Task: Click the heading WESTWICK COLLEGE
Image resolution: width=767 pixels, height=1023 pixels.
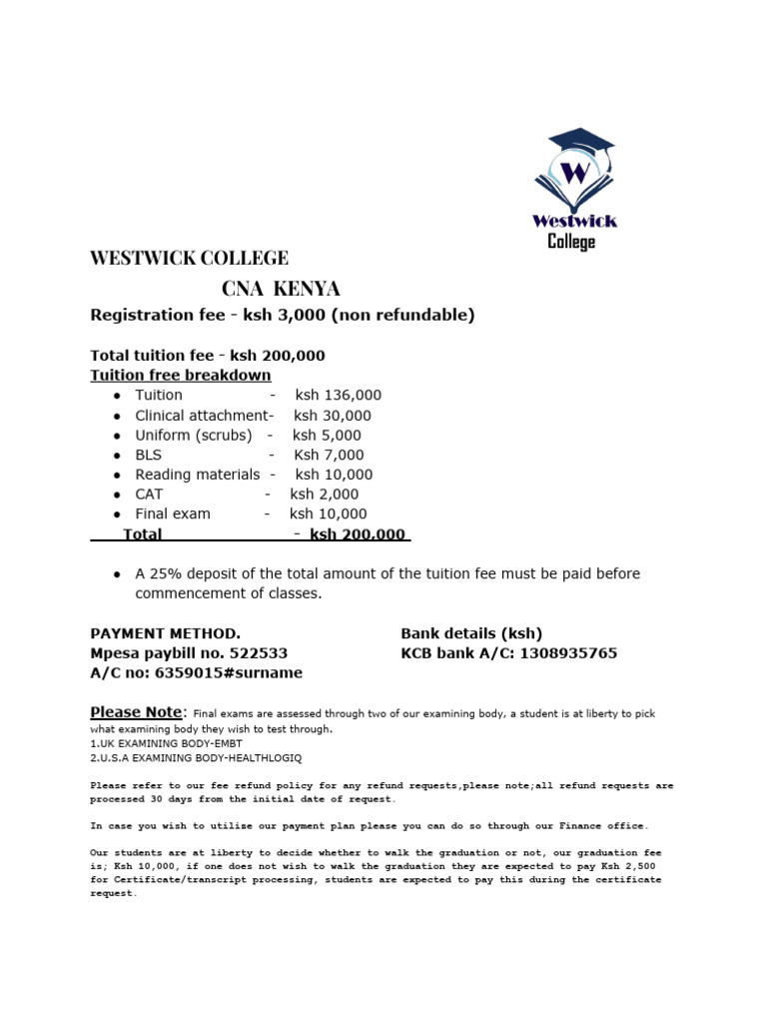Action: tap(189, 258)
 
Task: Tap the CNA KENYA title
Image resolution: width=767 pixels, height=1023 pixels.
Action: tap(281, 289)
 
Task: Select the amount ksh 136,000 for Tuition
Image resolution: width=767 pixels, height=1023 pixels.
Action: tap(338, 396)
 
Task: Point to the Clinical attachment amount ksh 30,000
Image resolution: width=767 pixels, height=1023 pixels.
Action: tap(332, 416)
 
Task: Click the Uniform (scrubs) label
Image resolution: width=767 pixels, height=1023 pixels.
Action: tap(194, 436)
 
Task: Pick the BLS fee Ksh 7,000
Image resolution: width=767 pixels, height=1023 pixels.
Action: tap(329, 456)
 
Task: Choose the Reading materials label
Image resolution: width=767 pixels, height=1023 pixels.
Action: tap(198, 475)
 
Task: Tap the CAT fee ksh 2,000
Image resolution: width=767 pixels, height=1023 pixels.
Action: tap(324, 495)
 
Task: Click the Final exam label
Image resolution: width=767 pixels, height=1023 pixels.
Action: tap(173, 513)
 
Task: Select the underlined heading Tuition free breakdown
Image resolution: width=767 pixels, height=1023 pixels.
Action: tap(181, 376)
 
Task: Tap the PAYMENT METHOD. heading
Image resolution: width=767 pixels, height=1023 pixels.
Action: tap(165, 633)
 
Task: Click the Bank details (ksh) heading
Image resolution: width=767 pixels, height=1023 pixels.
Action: tap(471, 633)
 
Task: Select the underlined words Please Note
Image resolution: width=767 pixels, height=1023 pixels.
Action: tap(137, 712)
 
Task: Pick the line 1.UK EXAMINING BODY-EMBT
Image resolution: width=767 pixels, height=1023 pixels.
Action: tap(166, 743)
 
